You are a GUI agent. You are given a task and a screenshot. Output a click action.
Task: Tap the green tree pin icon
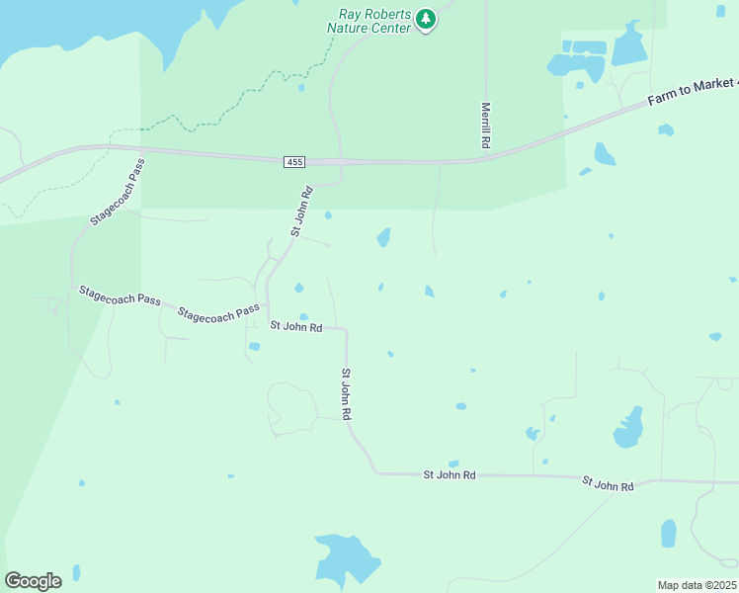(x=426, y=19)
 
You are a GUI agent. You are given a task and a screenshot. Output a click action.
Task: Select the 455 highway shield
(x=294, y=161)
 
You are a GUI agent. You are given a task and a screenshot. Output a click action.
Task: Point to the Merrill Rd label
(x=486, y=126)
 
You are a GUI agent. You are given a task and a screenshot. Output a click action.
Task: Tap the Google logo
(x=33, y=580)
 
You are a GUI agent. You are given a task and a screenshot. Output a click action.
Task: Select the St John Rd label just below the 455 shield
(x=302, y=210)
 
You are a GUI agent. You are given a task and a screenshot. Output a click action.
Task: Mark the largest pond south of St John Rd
(x=346, y=559)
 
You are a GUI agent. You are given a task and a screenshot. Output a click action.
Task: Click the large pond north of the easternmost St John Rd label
(x=628, y=427)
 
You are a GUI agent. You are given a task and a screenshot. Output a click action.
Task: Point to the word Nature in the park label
(x=351, y=28)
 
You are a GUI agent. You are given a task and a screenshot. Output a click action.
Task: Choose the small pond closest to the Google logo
(x=76, y=572)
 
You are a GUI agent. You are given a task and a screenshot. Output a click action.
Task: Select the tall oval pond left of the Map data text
(x=669, y=534)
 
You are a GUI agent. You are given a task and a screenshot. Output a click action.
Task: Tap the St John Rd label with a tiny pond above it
(x=450, y=475)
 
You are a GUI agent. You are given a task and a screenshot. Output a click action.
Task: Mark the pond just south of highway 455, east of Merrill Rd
(x=604, y=154)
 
